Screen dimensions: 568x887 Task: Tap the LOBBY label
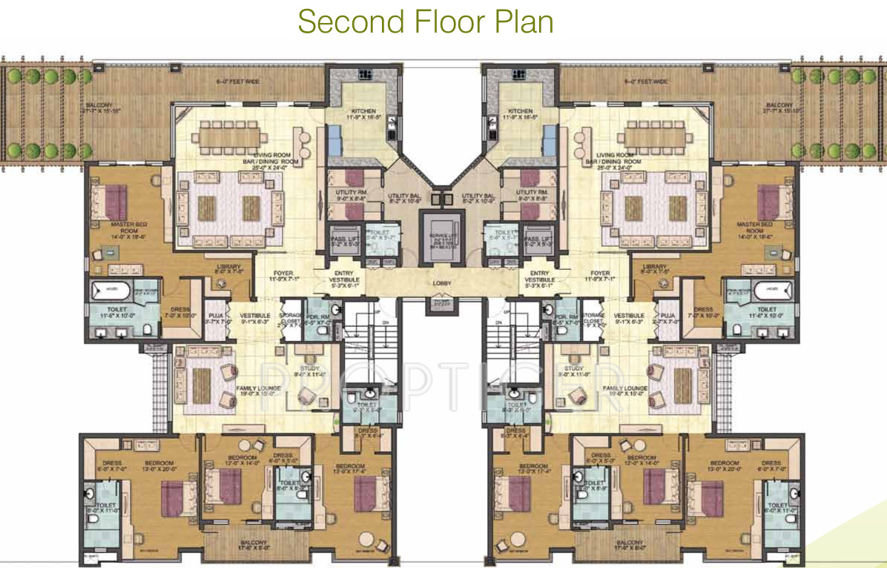coord(443,283)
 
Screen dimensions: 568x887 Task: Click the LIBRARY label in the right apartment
coord(655,268)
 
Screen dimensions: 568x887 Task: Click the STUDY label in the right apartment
coord(573,369)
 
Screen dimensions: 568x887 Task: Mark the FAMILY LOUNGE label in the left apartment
coord(257,389)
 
